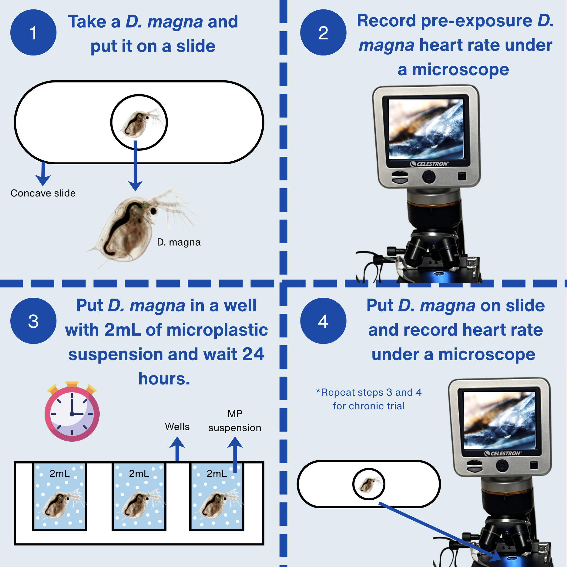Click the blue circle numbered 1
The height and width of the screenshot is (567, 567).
pyautogui.click(x=33, y=32)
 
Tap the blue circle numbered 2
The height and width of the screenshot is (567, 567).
pyautogui.click(x=323, y=32)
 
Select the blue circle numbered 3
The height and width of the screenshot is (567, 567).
pyautogui.click(x=33, y=321)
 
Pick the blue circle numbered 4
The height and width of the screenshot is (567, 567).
pyautogui.click(x=323, y=321)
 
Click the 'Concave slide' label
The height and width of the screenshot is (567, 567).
pyautogui.click(x=43, y=193)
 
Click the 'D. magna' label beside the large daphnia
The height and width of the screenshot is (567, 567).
pyautogui.click(x=179, y=242)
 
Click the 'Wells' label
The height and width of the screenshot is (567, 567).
pyautogui.click(x=177, y=427)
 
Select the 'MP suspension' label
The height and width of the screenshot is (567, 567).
pyautogui.click(x=235, y=421)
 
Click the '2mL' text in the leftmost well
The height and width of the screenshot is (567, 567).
pyautogui.click(x=60, y=474)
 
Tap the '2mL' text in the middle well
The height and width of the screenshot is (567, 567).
pyautogui.click(x=139, y=474)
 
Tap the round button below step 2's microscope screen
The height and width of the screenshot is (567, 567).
pyautogui.click(x=429, y=176)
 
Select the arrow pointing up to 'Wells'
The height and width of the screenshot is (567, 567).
pyautogui.click(x=177, y=449)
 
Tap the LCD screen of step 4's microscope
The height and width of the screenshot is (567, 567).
pyautogui.click(x=499, y=420)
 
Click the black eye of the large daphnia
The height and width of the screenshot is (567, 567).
pyautogui.click(x=154, y=211)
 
